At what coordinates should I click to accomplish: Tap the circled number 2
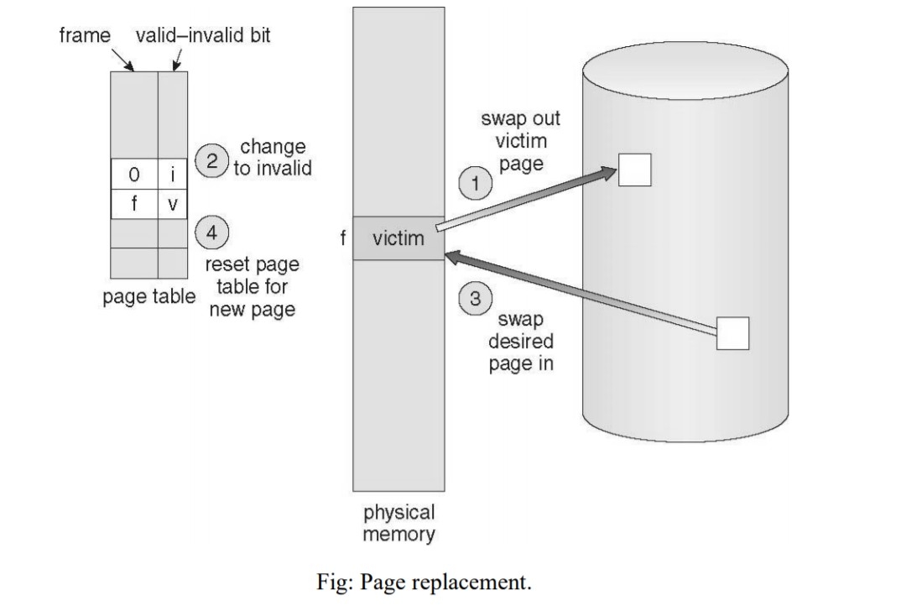(x=211, y=159)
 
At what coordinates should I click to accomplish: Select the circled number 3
(x=476, y=298)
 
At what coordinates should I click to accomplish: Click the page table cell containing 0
(x=134, y=175)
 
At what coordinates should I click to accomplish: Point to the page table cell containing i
(x=173, y=175)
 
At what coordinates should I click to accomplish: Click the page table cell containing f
(x=134, y=204)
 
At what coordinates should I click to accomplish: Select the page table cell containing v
(x=173, y=204)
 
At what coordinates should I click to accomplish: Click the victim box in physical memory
(x=398, y=238)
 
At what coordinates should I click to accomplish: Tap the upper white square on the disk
(x=634, y=170)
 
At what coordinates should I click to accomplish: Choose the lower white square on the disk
(x=732, y=333)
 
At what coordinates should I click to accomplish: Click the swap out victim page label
(x=520, y=140)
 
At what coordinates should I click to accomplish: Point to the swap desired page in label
(x=520, y=342)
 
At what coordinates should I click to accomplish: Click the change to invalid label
(x=272, y=159)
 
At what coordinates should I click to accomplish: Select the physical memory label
(x=398, y=522)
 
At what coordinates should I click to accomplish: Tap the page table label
(x=148, y=297)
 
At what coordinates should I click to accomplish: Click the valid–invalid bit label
(x=203, y=37)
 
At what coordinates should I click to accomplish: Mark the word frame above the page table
(x=86, y=37)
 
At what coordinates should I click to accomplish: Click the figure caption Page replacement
(x=424, y=582)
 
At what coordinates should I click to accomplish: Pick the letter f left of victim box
(x=341, y=238)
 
